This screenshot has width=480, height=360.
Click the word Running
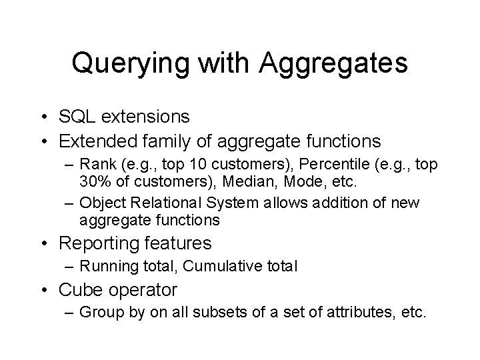point(107,267)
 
